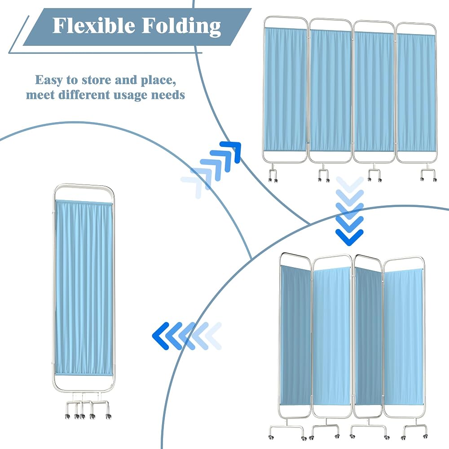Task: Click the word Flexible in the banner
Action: coord(94,26)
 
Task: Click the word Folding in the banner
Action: coord(181,26)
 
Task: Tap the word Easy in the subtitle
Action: coord(48,80)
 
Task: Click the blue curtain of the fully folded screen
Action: coord(83,287)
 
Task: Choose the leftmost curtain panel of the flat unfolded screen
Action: coord(285,89)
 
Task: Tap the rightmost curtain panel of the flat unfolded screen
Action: coord(416,93)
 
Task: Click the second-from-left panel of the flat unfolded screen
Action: coord(330,91)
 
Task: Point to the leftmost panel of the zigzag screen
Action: coord(295,335)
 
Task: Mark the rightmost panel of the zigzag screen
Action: coord(403,337)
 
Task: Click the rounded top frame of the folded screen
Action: coord(84,186)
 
